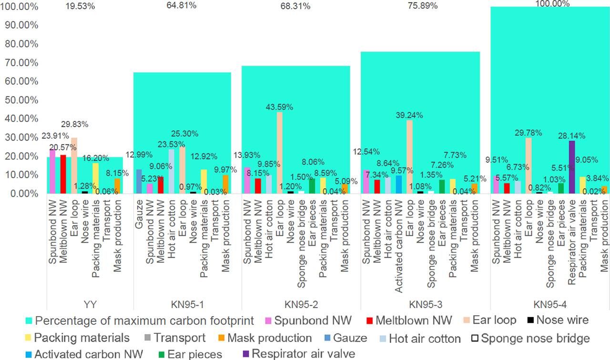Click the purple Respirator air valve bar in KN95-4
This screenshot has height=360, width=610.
[x=572, y=167]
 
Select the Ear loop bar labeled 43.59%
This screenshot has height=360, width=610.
[x=280, y=153]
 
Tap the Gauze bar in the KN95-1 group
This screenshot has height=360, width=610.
[x=139, y=181]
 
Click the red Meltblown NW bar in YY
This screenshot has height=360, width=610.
[x=63, y=174]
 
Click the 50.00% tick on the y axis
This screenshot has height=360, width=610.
[x=21, y=100]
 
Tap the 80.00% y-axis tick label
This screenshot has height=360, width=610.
[x=21, y=44]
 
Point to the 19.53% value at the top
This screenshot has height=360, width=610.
[x=80, y=6]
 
